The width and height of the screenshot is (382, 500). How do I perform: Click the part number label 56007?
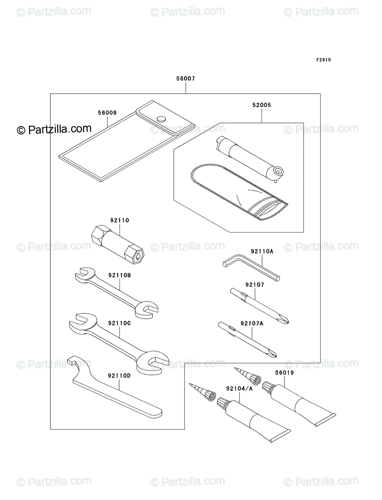pyautogui.click(x=185, y=79)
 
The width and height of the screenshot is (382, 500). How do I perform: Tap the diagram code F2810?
pyautogui.click(x=324, y=60)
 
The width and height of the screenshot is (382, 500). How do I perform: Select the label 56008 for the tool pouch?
pyautogui.click(x=107, y=113)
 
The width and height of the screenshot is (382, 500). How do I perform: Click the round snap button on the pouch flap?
pyautogui.click(x=161, y=119)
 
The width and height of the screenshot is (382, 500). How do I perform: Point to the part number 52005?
pyautogui.click(x=262, y=105)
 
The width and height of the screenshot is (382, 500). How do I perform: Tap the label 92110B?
pyautogui.click(x=120, y=275)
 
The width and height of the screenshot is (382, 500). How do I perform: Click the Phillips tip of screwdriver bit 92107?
pyautogui.click(x=285, y=320)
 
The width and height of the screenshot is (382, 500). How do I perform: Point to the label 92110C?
pyautogui.click(x=120, y=323)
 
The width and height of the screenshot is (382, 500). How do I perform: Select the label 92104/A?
pyautogui.click(x=240, y=389)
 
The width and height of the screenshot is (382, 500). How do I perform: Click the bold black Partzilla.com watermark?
pyautogui.click(x=54, y=129)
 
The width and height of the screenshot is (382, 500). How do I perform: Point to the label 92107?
pyautogui.click(x=255, y=285)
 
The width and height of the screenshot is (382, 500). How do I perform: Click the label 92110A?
pyautogui.click(x=262, y=251)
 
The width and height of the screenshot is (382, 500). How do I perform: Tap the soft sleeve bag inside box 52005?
pyautogui.click(x=239, y=192)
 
